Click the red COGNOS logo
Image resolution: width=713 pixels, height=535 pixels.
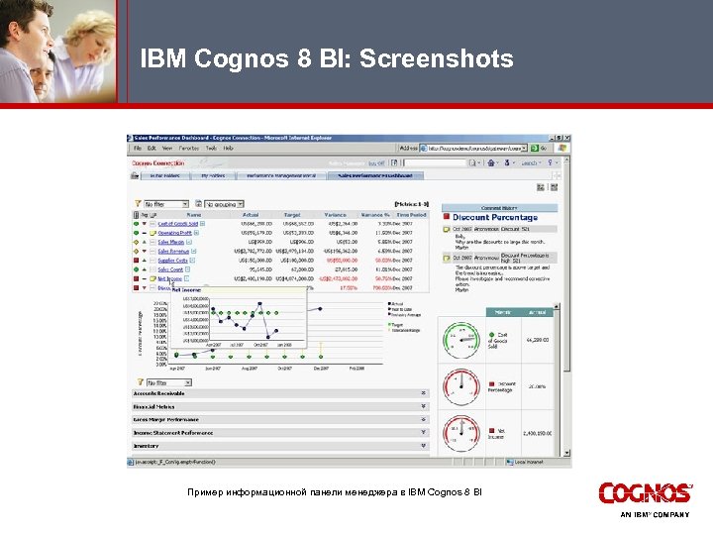click(645, 493)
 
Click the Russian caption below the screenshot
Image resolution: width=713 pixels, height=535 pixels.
click(334, 492)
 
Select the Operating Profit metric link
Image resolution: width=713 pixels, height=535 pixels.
click(174, 233)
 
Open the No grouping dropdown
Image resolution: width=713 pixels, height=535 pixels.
click(227, 203)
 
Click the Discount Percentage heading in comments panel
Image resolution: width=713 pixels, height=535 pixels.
click(495, 218)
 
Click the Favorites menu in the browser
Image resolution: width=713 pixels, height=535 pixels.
click(187, 148)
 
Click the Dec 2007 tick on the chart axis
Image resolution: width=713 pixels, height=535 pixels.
click(319, 368)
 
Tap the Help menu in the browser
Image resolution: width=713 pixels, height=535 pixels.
click(229, 148)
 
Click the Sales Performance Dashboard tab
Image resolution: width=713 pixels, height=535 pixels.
click(353, 175)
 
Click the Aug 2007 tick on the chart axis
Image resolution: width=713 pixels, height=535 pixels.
click(249, 368)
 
